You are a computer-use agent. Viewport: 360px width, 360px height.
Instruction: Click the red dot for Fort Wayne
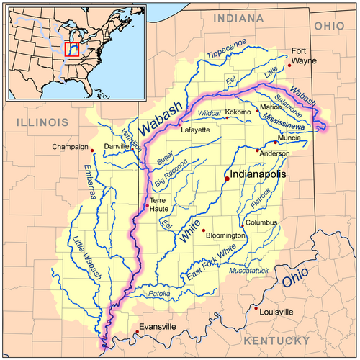[289, 66]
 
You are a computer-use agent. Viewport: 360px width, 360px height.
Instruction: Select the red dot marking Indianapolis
[226, 179]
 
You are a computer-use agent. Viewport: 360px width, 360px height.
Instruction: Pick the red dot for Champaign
[92, 150]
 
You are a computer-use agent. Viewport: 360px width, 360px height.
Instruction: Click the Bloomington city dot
[204, 230]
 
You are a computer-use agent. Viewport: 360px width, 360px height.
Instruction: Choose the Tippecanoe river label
[225, 50]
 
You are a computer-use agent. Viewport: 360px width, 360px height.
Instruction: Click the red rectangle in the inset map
[71, 49]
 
